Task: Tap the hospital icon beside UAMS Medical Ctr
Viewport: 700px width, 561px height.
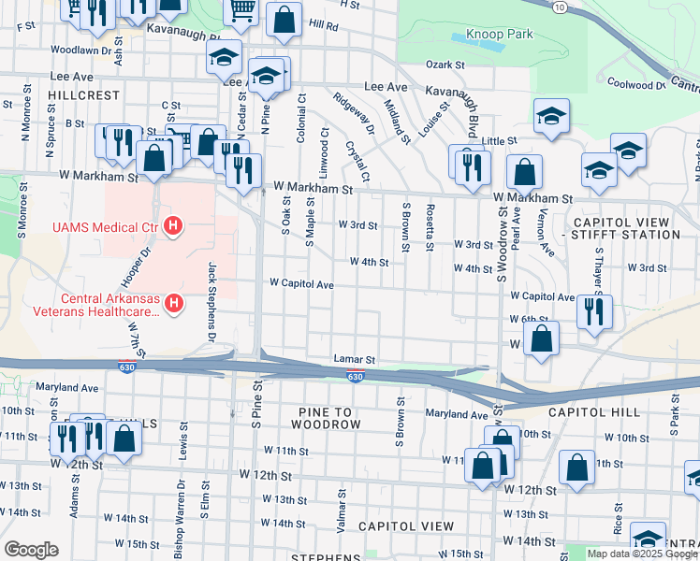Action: pos(172,225)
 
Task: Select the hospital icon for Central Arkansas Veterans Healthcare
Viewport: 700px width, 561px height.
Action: pos(172,303)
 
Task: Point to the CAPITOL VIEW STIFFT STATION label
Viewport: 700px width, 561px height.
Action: pos(620,228)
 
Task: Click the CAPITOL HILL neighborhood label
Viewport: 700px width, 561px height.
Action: pos(594,412)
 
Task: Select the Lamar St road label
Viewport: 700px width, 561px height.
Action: pos(354,359)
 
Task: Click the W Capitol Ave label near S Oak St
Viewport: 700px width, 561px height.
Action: pos(301,283)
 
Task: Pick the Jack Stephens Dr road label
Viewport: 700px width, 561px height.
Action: pos(212,300)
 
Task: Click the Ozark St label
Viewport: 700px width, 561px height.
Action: pos(445,65)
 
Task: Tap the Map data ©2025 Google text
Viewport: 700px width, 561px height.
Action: pos(642,554)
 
